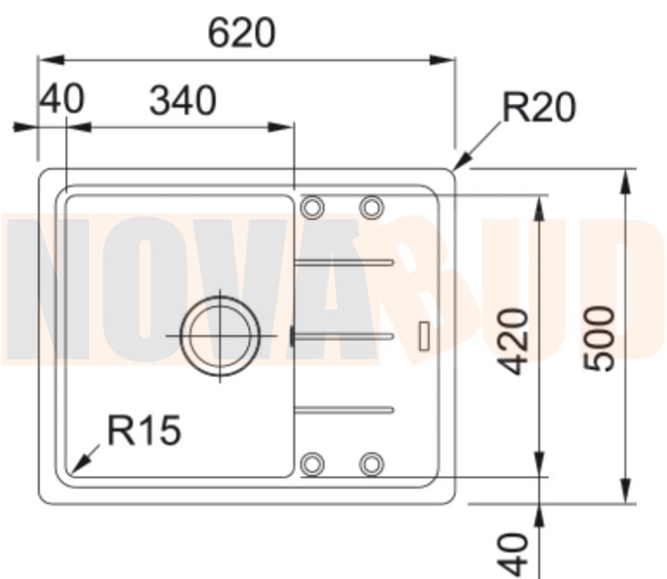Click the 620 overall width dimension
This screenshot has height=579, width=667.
[x=242, y=33]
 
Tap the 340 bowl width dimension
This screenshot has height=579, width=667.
[x=183, y=101]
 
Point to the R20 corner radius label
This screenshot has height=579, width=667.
[x=539, y=108]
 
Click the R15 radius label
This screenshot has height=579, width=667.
[x=144, y=430]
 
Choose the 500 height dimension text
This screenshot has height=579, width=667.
[x=599, y=339]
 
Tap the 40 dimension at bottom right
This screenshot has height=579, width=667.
[x=513, y=554]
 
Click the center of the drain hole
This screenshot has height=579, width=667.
[x=220, y=335]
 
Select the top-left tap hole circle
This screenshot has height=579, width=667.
[x=312, y=207]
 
